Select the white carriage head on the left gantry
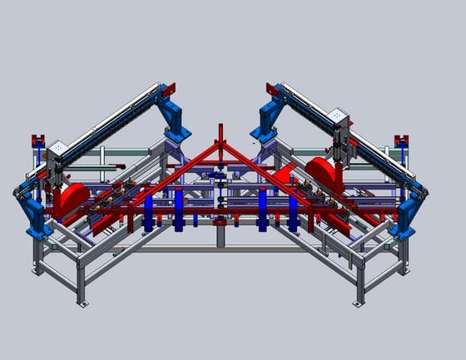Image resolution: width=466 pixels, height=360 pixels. tap(58, 152)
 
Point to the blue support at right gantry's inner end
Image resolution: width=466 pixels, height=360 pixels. tap(268, 119)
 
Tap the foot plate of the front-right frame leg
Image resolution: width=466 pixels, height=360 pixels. tap(358, 303)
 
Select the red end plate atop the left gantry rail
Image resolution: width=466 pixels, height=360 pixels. tap(170, 87)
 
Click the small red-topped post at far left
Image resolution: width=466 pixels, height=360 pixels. tap(36, 140)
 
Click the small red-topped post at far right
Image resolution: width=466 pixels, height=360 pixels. tap(400, 141)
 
